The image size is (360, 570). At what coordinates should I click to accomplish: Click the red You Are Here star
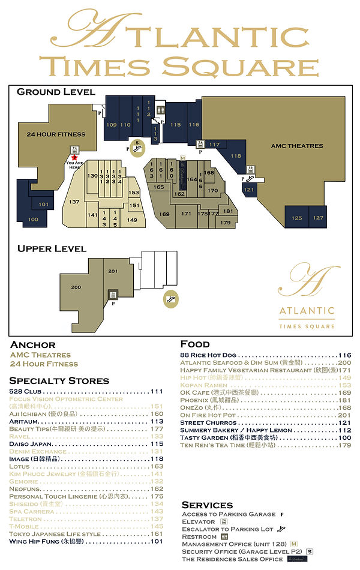click(74, 158)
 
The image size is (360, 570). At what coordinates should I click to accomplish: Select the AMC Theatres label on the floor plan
click(296, 146)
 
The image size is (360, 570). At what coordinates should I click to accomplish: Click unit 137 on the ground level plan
click(74, 202)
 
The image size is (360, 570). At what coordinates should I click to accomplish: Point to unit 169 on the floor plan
click(164, 214)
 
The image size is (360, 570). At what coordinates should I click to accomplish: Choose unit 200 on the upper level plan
click(76, 287)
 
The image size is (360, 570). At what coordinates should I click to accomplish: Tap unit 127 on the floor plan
click(318, 218)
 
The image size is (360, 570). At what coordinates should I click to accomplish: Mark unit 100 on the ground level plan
click(33, 220)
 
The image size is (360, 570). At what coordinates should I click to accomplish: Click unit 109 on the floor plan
click(111, 125)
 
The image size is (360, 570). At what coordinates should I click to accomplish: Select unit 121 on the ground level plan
click(249, 190)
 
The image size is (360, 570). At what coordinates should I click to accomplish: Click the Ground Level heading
click(56, 92)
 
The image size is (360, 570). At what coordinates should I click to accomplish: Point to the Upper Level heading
click(52, 248)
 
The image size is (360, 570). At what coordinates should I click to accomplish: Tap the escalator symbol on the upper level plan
click(172, 298)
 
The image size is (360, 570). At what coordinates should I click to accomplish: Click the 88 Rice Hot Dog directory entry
click(208, 355)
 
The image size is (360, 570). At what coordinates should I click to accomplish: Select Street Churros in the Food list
click(208, 423)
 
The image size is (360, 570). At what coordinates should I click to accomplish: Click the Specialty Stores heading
click(59, 380)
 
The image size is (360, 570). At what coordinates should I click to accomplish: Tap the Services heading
click(207, 505)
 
